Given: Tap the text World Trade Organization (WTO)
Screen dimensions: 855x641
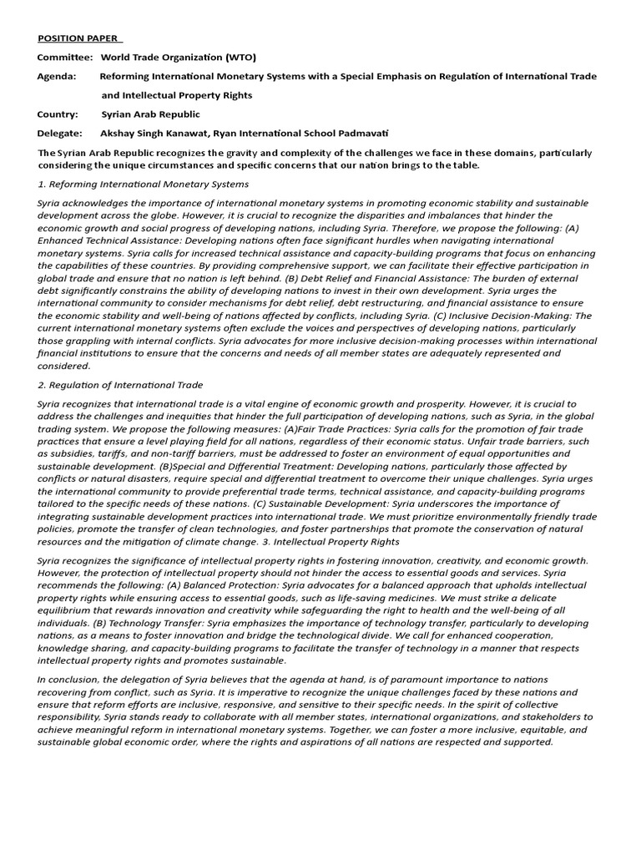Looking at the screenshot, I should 178,57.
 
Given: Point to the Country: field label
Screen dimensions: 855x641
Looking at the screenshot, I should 58,114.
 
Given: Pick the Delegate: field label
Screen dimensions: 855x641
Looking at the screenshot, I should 59,134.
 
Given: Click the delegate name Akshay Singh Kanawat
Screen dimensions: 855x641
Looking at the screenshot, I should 154,134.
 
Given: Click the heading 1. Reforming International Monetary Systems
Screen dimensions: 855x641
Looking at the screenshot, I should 144,184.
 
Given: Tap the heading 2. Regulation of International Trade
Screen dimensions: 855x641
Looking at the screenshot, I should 120,385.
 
